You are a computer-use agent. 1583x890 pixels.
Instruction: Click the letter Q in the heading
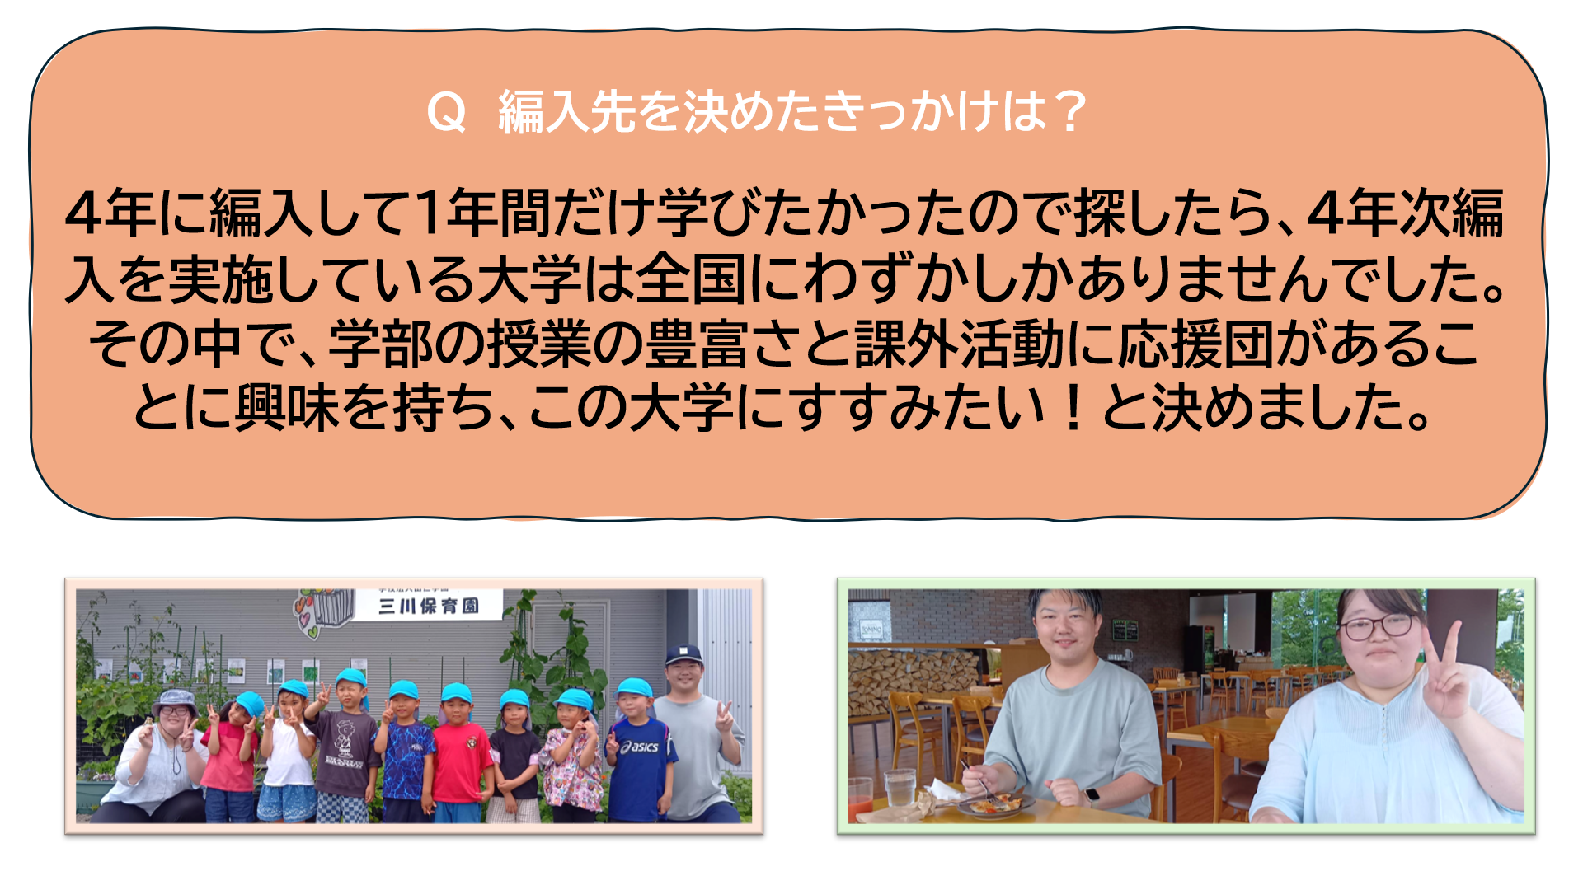coord(447,112)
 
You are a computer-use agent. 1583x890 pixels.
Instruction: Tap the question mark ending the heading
coord(1071,111)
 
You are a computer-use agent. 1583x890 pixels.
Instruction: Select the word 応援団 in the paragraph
coord(1195,344)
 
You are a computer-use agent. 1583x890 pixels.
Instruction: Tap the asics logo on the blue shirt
coord(641,747)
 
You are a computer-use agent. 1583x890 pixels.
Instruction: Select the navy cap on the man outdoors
coord(683,655)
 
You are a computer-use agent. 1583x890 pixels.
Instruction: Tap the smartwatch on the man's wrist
coord(1092,796)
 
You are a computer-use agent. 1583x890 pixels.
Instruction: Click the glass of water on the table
coord(900,788)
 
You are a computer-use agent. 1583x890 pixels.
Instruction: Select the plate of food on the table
coord(995,803)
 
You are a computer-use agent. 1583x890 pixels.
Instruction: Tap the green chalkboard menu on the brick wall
coord(1125,630)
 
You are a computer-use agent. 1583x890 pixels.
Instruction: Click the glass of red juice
coord(860,797)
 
